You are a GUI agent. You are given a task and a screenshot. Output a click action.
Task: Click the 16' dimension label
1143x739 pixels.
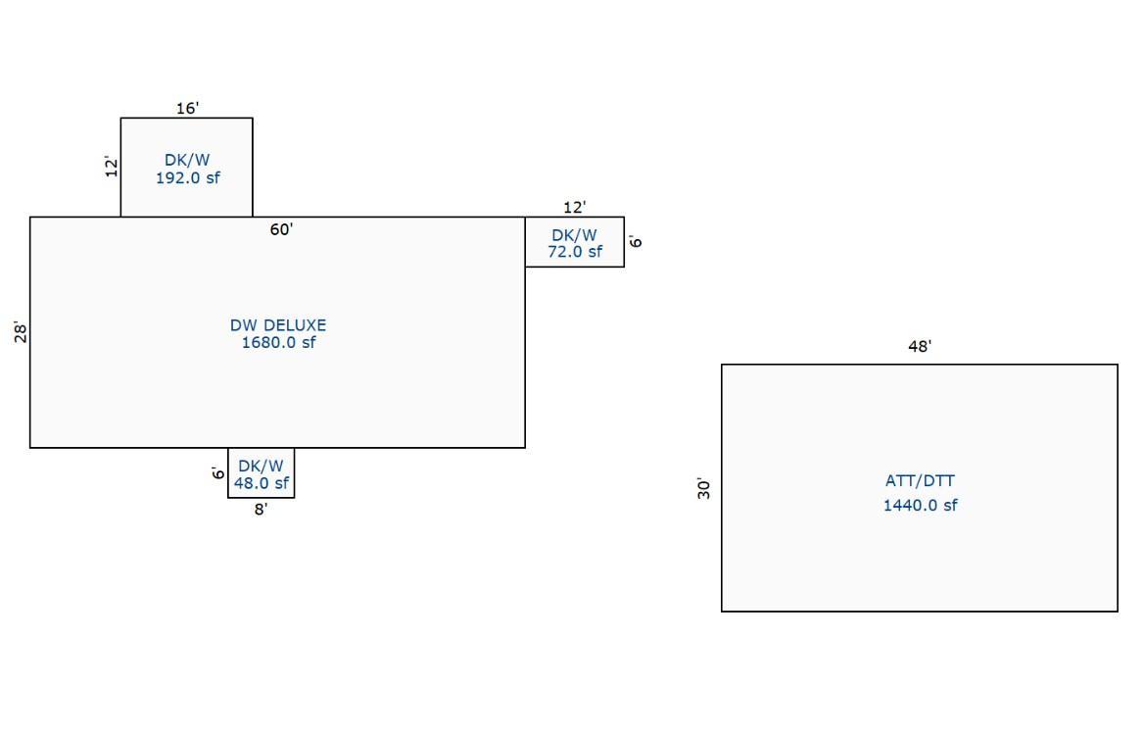pyautogui.click(x=187, y=108)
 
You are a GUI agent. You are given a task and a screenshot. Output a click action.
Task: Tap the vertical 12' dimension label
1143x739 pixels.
pyautogui.click(x=111, y=167)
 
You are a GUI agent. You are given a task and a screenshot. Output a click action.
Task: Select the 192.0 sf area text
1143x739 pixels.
pyautogui.click(x=187, y=177)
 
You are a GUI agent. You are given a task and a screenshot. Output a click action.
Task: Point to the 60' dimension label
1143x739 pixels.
pyautogui.click(x=281, y=229)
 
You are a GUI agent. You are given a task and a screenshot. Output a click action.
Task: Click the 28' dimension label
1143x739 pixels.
pyautogui.click(x=21, y=332)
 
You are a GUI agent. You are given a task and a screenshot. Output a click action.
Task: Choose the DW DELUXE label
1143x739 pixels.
pyautogui.click(x=278, y=325)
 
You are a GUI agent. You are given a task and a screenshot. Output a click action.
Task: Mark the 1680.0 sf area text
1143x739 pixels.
pyautogui.click(x=278, y=342)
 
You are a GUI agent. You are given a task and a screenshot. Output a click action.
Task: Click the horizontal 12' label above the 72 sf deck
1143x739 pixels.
pyautogui.click(x=574, y=207)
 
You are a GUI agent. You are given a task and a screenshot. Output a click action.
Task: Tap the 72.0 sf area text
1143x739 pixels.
pyautogui.click(x=575, y=252)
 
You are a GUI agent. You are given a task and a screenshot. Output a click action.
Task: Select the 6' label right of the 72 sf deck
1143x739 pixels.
pyautogui.click(x=636, y=241)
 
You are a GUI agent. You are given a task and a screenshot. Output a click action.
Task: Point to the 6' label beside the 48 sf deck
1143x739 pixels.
pyautogui.click(x=218, y=472)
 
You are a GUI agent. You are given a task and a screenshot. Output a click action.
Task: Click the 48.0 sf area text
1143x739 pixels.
pyautogui.click(x=261, y=483)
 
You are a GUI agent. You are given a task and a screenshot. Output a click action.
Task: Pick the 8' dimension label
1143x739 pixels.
pyautogui.click(x=261, y=510)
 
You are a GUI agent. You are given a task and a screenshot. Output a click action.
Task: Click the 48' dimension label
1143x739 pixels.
pyautogui.click(x=920, y=347)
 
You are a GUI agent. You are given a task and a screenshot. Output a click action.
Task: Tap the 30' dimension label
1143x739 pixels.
pyautogui.click(x=703, y=489)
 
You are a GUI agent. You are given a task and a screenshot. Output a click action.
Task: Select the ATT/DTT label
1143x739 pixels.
pyautogui.click(x=920, y=481)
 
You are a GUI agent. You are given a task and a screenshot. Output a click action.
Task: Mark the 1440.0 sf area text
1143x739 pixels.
pyautogui.click(x=920, y=505)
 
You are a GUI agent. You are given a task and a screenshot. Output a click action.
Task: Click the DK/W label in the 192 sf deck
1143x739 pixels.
pyautogui.click(x=187, y=160)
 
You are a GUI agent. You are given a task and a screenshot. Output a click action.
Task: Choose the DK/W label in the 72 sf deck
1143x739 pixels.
pyautogui.click(x=574, y=235)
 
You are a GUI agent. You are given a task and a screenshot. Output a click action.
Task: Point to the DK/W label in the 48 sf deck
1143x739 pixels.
pyautogui.click(x=261, y=466)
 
